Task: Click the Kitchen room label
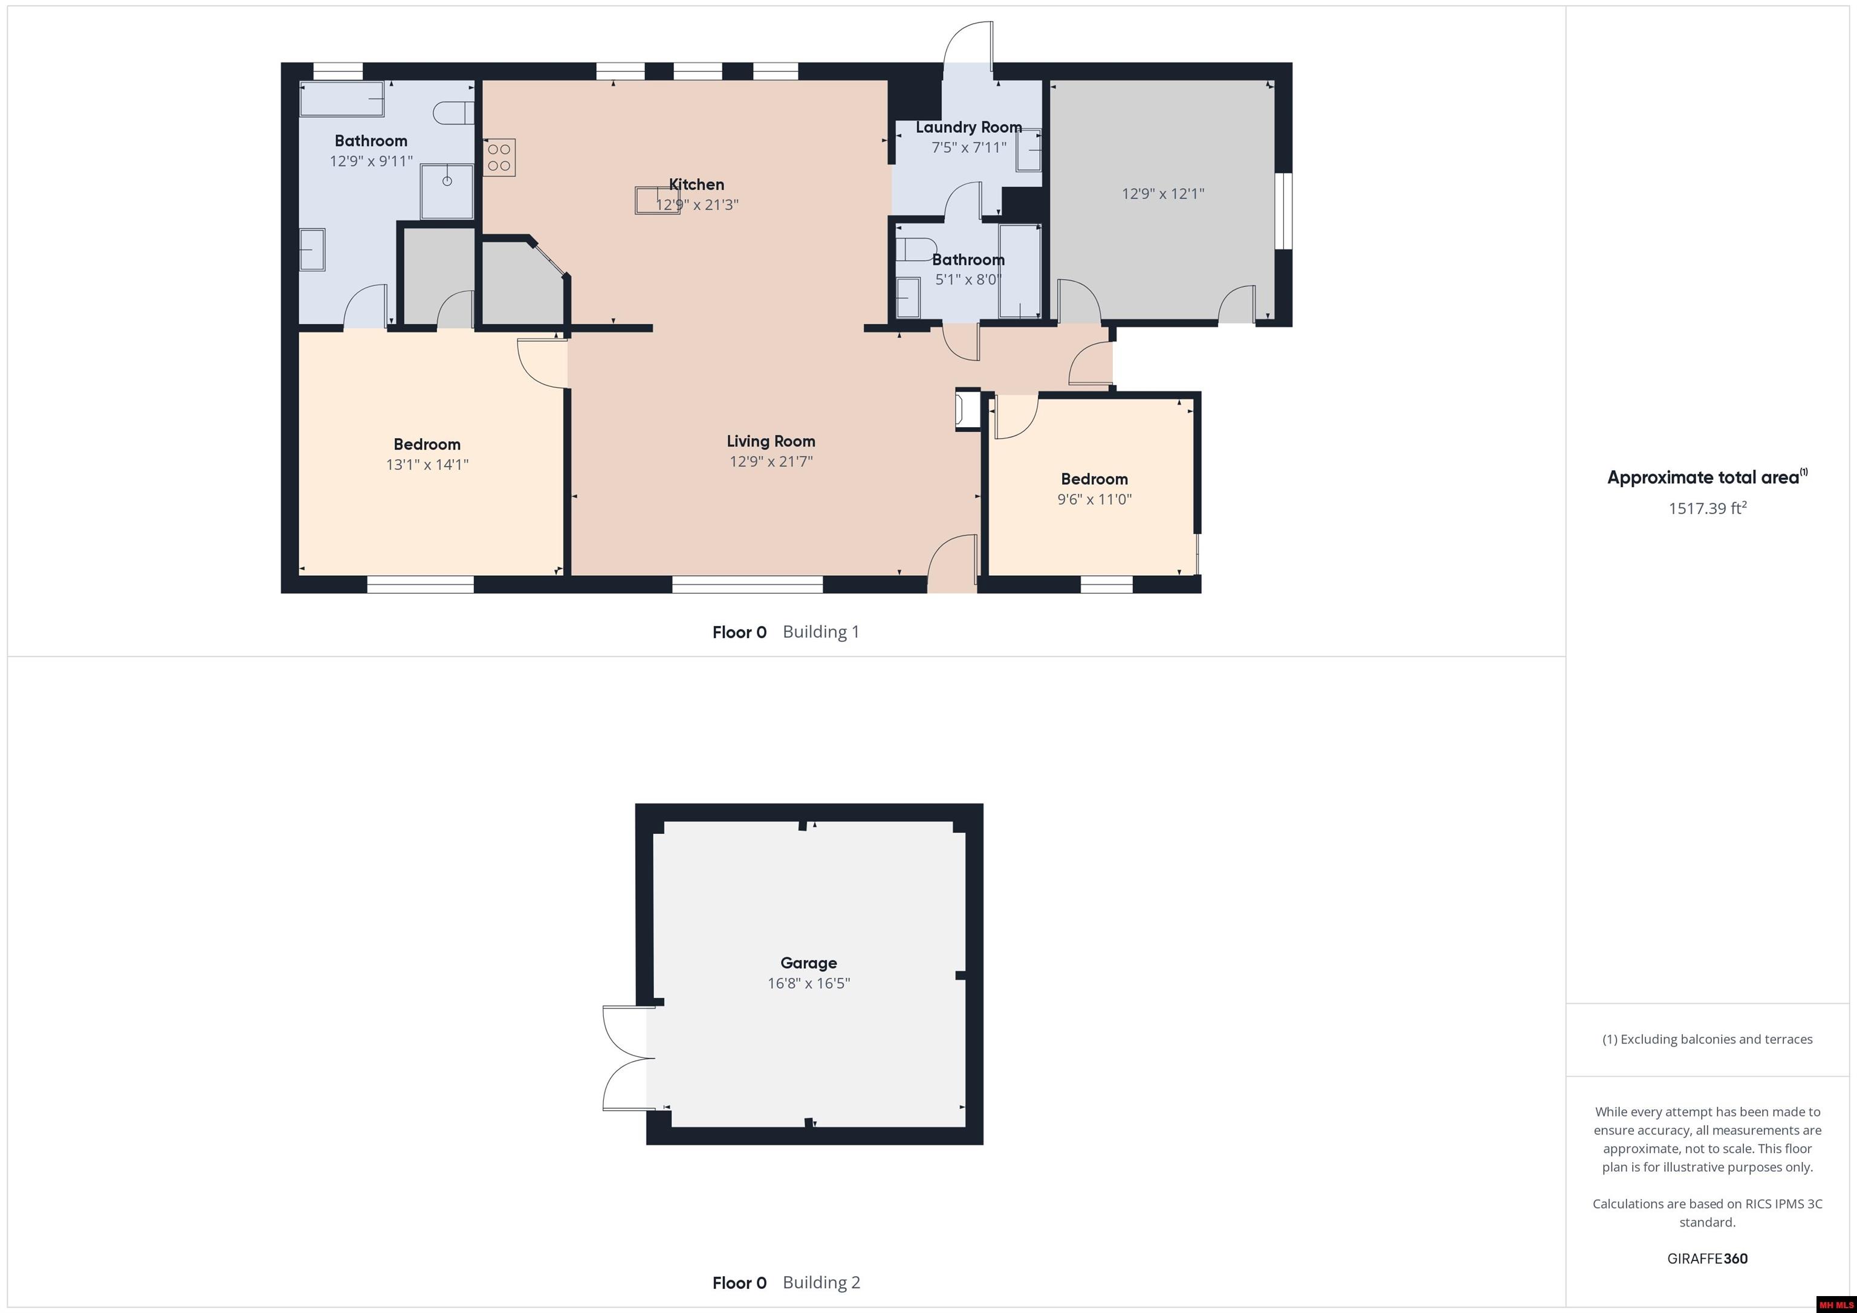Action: (696, 184)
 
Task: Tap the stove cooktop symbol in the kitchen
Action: (499, 158)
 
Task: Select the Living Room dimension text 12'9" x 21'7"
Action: (771, 462)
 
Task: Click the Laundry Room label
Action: (968, 127)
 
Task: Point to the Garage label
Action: (808, 963)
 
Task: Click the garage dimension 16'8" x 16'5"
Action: (808, 983)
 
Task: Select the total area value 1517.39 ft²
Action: (1706, 509)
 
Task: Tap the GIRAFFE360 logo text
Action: (1706, 1258)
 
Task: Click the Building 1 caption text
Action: (820, 631)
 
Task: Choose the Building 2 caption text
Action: (821, 1282)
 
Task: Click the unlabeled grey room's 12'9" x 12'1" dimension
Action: (1162, 194)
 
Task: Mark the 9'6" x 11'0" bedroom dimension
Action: (1094, 500)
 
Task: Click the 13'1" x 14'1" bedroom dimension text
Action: (427, 465)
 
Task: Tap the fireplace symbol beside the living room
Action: (966, 408)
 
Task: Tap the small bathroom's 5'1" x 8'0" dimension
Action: (968, 280)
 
